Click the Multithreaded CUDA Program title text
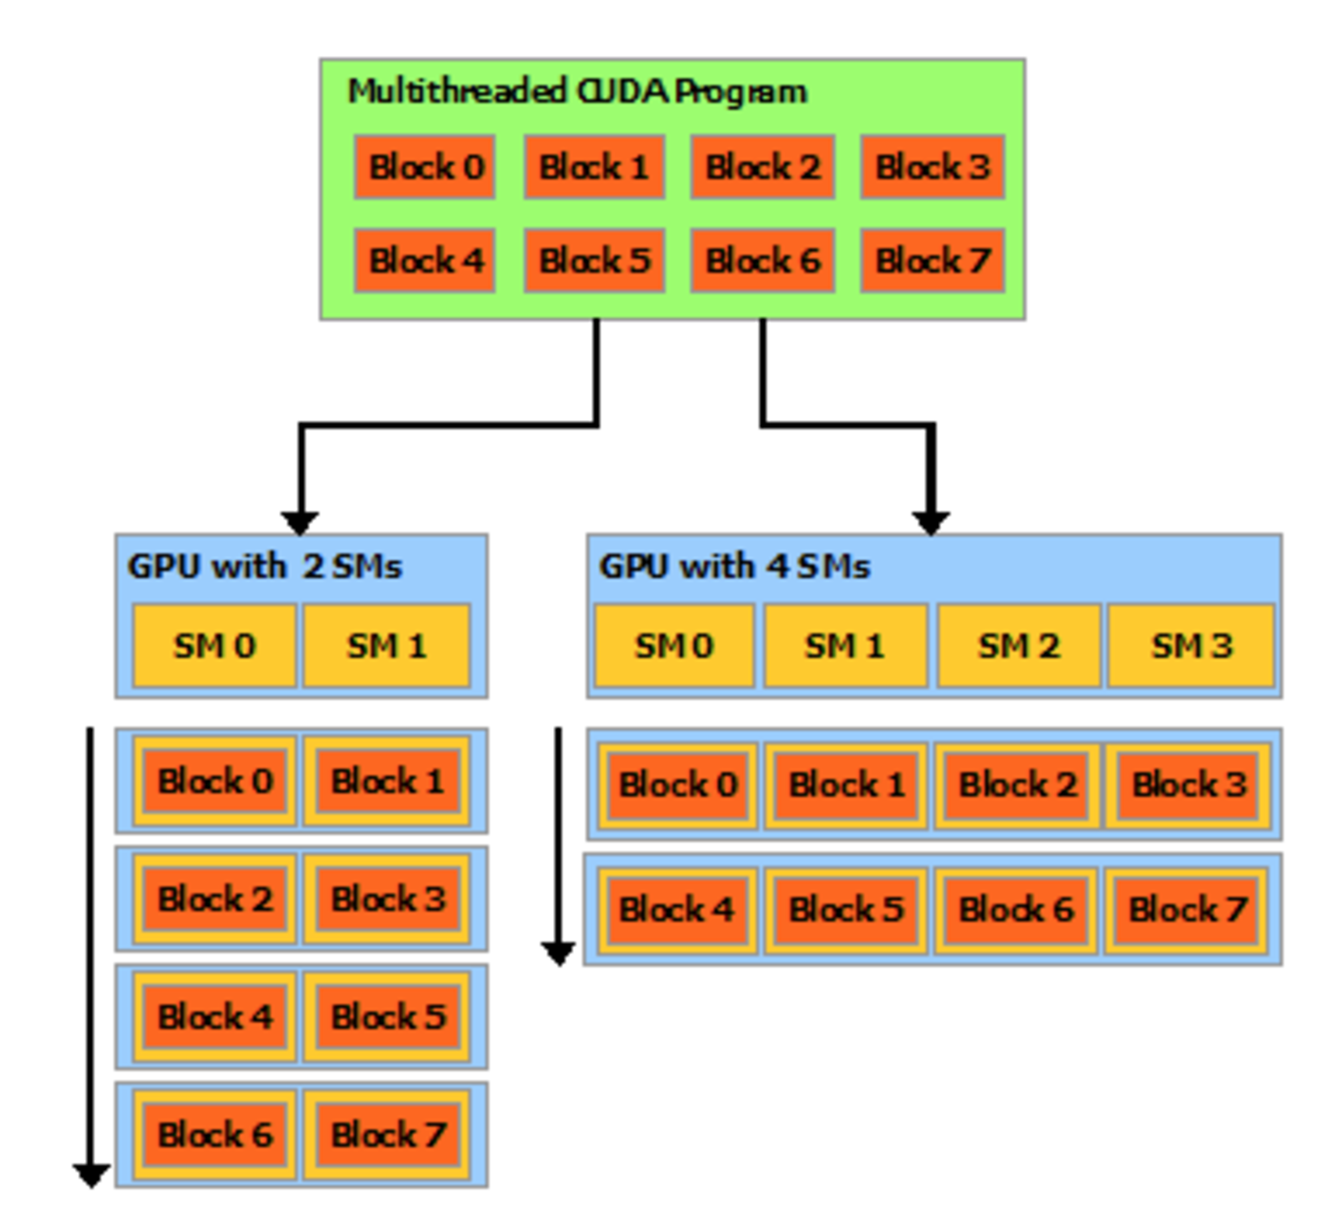[x=577, y=92]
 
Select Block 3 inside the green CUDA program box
[x=932, y=167]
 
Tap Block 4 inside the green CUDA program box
[x=425, y=260]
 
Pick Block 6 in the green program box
[x=762, y=260]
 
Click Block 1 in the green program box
[x=594, y=167]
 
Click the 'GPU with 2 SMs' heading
[x=265, y=567]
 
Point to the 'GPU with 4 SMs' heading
[x=734, y=567]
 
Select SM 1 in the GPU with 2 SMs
[x=386, y=646]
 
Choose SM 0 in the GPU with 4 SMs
[x=674, y=646]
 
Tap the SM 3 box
[x=1191, y=646]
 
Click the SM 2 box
[x=1018, y=646]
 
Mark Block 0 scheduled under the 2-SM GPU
[x=214, y=781]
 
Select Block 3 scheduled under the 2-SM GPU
[x=387, y=899]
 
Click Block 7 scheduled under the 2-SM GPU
[x=387, y=1134]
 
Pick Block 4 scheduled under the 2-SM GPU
[x=214, y=1016]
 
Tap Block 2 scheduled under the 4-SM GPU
[x=1017, y=785]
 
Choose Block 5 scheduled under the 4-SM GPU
[x=845, y=909]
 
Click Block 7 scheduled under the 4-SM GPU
[x=1187, y=909]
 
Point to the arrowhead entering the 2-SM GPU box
[x=300, y=523]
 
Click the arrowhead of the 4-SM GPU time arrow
[x=558, y=953]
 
